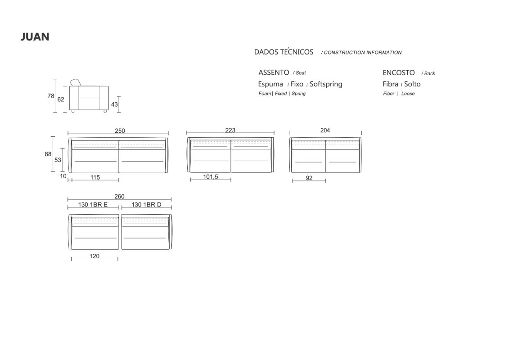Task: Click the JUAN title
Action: tap(35, 37)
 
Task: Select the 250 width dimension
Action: tap(120, 130)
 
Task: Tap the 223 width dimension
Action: tap(230, 130)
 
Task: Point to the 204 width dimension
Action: tap(325, 130)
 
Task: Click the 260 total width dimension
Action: tap(119, 196)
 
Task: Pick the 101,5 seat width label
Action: tap(211, 176)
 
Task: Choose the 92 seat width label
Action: tap(309, 178)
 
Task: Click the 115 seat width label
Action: tap(95, 177)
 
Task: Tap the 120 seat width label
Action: tap(95, 256)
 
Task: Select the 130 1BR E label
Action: tap(93, 204)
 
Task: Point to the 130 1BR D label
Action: tap(146, 204)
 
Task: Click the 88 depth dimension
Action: tap(48, 154)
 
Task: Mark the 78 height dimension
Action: tap(51, 96)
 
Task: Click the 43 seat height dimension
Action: tap(114, 104)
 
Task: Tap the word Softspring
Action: tap(326, 85)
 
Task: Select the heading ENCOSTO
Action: tap(399, 73)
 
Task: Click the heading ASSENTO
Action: tap(274, 72)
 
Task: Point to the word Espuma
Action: tap(270, 85)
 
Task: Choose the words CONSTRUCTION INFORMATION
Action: tap(363, 53)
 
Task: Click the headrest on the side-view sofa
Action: tap(76, 82)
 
